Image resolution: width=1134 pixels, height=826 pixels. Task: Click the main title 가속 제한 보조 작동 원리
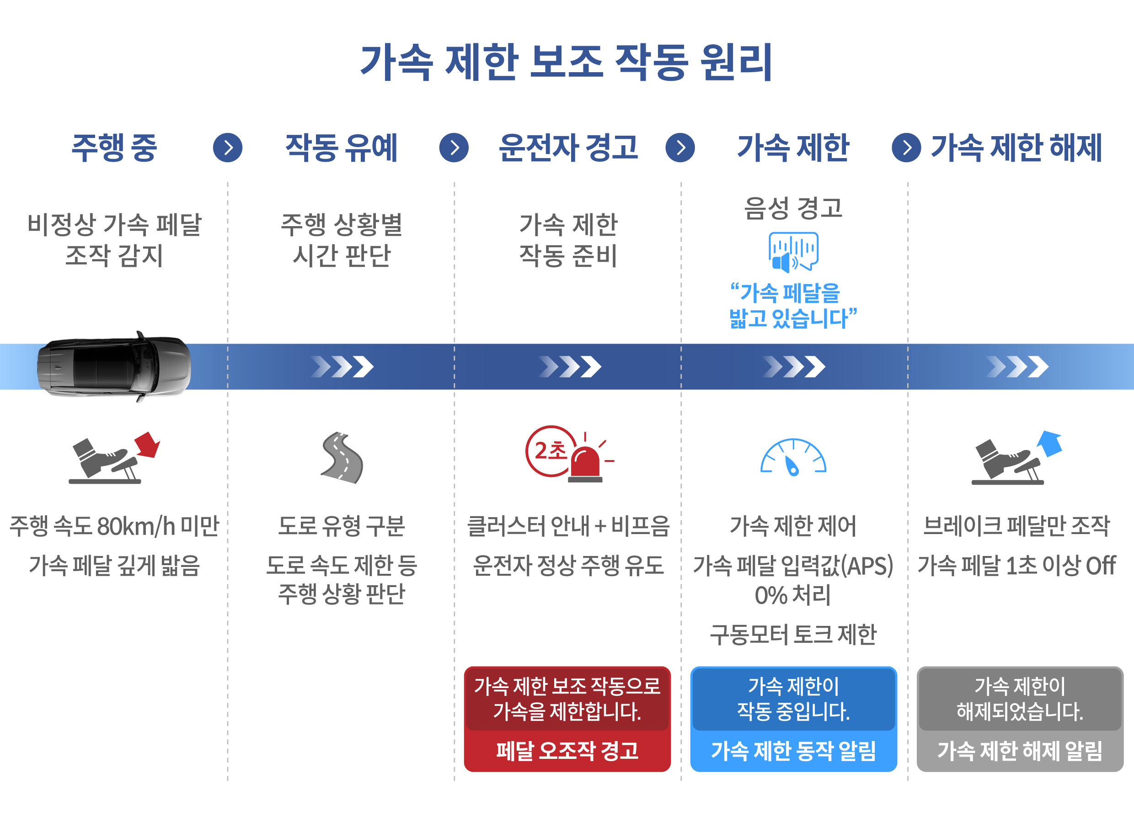(x=567, y=62)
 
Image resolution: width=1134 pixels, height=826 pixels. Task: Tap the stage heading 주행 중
(x=114, y=148)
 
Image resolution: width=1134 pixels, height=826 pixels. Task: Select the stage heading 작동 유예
(x=341, y=148)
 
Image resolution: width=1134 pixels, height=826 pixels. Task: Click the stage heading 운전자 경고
(x=568, y=148)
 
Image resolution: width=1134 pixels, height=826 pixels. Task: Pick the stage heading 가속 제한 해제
(x=1016, y=148)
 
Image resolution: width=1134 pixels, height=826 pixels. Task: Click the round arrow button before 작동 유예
(x=228, y=148)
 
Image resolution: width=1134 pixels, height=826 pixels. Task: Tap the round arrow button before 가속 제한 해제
(x=906, y=148)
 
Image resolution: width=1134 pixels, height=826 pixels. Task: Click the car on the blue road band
(x=114, y=366)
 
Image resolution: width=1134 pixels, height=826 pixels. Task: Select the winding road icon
(x=342, y=457)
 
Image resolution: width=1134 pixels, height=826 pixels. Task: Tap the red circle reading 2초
(x=550, y=451)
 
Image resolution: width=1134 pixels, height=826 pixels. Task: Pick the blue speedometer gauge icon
(x=793, y=457)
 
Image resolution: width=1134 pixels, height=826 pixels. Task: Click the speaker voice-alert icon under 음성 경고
(x=793, y=251)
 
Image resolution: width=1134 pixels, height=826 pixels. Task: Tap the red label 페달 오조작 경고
(x=567, y=751)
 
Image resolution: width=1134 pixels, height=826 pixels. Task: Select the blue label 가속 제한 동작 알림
(x=793, y=751)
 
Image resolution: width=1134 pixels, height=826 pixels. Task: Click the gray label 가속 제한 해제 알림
(x=1020, y=751)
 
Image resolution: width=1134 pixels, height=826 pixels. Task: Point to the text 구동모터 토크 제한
(x=793, y=634)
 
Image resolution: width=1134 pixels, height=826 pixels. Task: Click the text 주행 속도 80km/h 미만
(x=114, y=526)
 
